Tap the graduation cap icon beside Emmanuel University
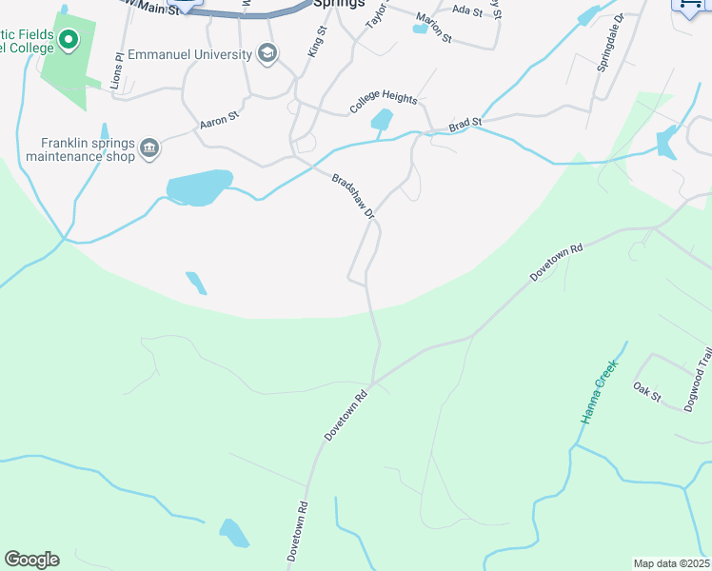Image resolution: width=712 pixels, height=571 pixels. click(x=268, y=54)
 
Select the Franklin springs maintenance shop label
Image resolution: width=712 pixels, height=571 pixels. click(x=87, y=150)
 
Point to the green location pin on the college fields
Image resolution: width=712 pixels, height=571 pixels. click(x=68, y=40)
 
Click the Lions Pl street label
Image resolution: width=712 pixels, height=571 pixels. click(x=118, y=69)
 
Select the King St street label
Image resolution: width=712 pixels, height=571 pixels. click(x=317, y=42)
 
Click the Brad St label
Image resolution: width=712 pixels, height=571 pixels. click(x=465, y=123)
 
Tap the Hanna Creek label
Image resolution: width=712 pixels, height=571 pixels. click(x=599, y=391)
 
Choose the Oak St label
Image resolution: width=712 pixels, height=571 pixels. click(x=646, y=391)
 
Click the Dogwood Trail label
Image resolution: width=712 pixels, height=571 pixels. click(x=698, y=380)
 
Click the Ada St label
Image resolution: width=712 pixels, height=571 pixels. click(x=468, y=10)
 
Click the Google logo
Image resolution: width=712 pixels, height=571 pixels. click(x=31, y=560)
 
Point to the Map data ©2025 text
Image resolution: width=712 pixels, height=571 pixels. click(x=671, y=563)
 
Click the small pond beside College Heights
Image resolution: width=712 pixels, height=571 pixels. click(x=382, y=120)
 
